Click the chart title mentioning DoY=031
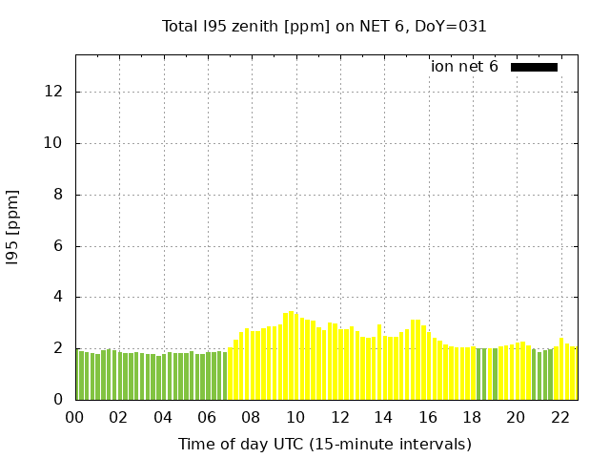pyautogui.click(x=324, y=26)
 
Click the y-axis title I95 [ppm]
pyautogui.click(x=13, y=227)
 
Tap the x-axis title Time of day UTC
pyautogui.click(x=324, y=444)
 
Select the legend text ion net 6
pyautogui.click(x=464, y=67)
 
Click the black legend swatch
pyautogui.click(x=534, y=67)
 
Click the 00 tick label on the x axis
pyautogui.click(x=75, y=417)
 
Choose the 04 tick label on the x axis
pyautogui.click(x=163, y=417)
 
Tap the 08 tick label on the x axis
pyautogui.click(x=252, y=417)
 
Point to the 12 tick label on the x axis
pyautogui.click(x=339, y=417)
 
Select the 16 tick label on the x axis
pyautogui.click(x=427, y=417)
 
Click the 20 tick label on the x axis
pyautogui.click(x=516, y=417)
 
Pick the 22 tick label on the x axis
pyautogui.click(x=559, y=417)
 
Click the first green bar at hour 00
pyautogui.click(x=78, y=375)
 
